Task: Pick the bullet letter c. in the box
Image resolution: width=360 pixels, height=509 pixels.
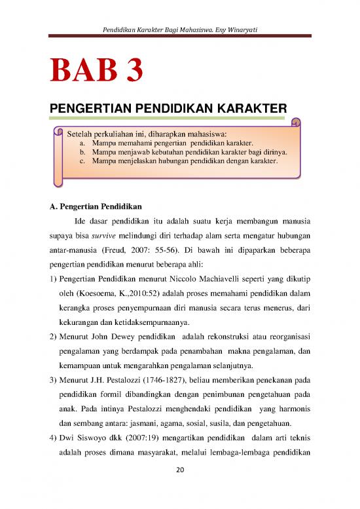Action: tap(82, 160)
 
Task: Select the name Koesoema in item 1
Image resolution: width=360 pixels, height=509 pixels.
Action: tap(99, 303)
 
